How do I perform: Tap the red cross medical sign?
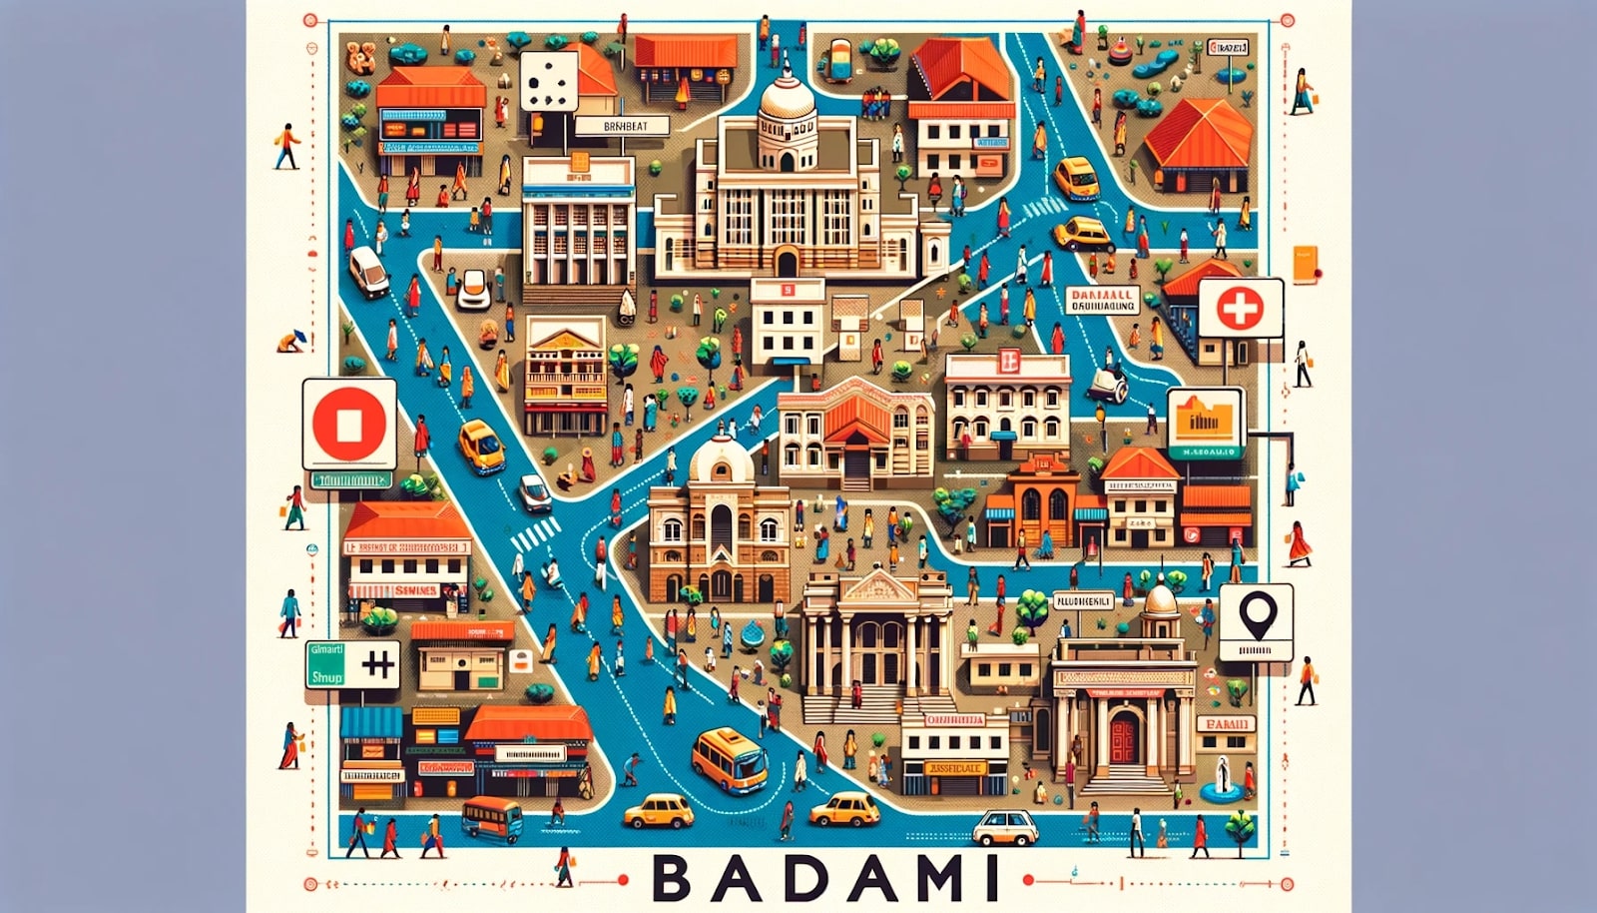pyautogui.click(x=1240, y=308)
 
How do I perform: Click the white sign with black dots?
pyautogui.click(x=548, y=81)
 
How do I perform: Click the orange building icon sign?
pyautogui.click(x=1206, y=417)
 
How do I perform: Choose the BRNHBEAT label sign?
pyautogui.click(x=611, y=127)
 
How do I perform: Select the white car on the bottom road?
pyautogui.click(x=1005, y=827)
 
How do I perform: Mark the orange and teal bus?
pyautogui.click(x=491, y=818)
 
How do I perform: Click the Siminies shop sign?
pyautogui.click(x=407, y=590)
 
